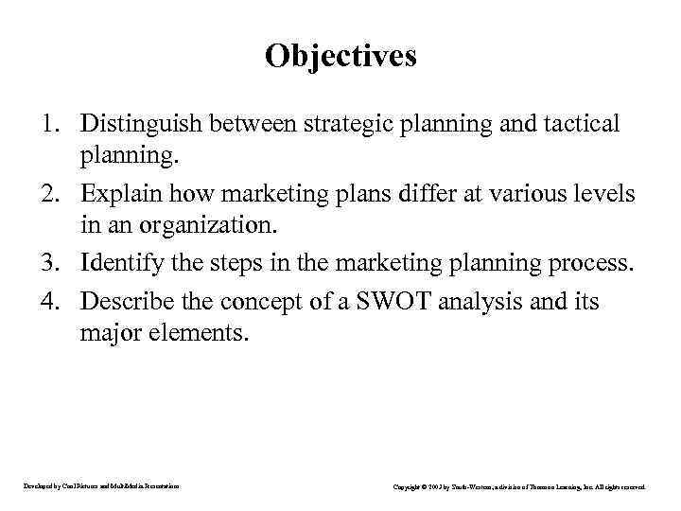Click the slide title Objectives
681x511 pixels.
340,56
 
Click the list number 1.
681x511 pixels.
55,123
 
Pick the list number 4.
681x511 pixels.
55,301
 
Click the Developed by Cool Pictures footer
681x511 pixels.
100,486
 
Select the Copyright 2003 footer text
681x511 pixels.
518,486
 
